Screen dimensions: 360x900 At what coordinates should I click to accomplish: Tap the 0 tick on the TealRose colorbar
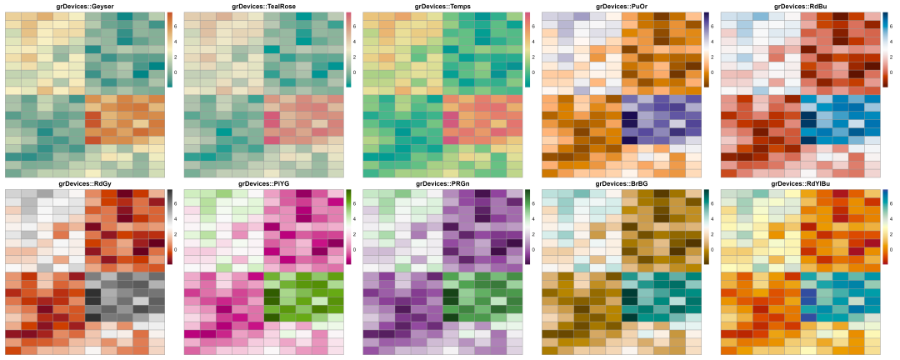(x=354, y=72)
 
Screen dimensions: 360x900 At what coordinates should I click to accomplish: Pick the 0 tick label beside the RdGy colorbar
(x=176, y=249)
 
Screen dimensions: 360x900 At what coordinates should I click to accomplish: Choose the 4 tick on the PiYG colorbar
(x=354, y=218)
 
